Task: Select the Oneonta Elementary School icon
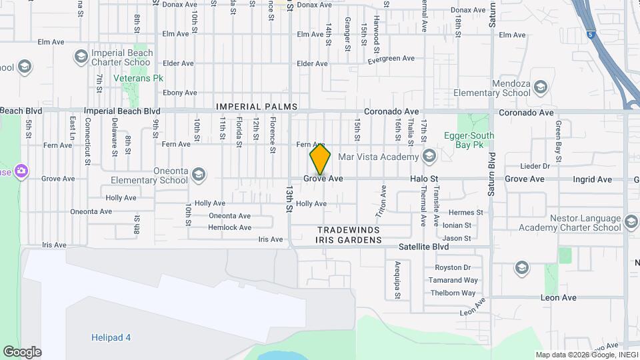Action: [x=198, y=175]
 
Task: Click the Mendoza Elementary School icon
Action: [x=540, y=87]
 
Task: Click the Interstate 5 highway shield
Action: [x=591, y=34]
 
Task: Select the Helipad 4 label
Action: [x=111, y=337]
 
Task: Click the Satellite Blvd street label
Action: [x=423, y=246]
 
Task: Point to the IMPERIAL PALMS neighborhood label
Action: [x=256, y=107]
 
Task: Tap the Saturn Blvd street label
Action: [x=491, y=174]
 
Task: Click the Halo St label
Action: [x=423, y=179]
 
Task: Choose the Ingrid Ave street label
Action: [x=592, y=179]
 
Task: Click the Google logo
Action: [x=22, y=351]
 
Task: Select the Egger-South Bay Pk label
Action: [x=469, y=140]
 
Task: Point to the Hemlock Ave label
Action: [x=229, y=227]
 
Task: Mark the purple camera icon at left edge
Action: [x=22, y=171]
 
